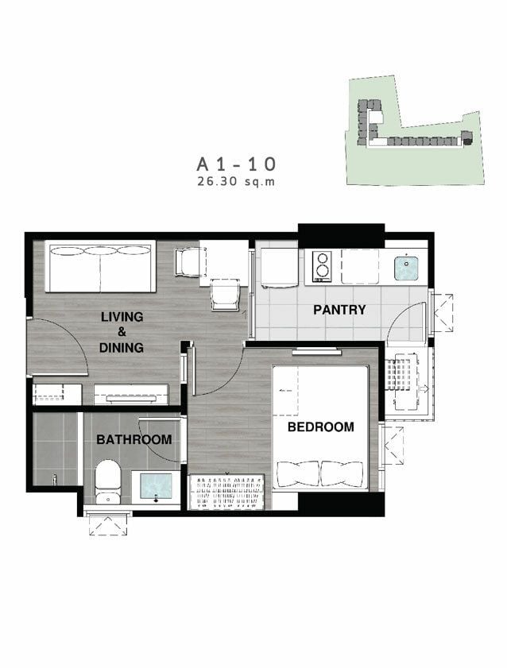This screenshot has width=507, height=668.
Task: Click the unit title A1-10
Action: point(236,164)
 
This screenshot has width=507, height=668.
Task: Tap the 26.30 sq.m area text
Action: point(236,182)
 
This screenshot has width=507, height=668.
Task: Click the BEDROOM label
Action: point(321,427)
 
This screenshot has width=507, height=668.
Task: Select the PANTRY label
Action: point(339,310)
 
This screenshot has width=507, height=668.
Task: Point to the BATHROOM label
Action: point(134,439)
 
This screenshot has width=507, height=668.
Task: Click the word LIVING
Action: point(122,317)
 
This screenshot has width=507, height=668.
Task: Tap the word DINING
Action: point(122,348)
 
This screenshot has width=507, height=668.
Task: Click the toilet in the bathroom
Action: point(107,481)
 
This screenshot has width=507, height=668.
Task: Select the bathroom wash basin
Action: point(156,487)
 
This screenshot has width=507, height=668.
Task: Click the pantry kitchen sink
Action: point(405,268)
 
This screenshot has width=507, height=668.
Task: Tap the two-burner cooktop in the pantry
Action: point(323,267)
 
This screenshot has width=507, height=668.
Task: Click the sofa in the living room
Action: point(100,267)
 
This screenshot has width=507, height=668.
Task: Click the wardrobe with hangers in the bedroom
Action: point(226,492)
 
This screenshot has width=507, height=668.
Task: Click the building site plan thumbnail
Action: point(415,130)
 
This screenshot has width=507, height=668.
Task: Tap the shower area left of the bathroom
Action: point(55,449)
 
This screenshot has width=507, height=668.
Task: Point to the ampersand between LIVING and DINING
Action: point(122,332)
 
